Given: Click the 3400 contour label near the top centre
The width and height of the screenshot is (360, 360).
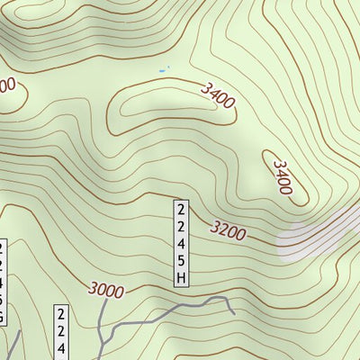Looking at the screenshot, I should [219, 94].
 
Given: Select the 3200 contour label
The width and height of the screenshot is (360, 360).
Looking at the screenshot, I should [229, 231].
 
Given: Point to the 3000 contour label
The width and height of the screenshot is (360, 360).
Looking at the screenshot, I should [107, 289].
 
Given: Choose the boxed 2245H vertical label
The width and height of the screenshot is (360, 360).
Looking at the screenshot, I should [182, 243].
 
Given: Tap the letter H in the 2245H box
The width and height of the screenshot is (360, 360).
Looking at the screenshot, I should [182, 278].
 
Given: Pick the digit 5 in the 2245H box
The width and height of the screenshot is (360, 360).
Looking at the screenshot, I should [182, 261].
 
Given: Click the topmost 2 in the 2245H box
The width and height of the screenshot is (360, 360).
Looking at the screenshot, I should [182, 209].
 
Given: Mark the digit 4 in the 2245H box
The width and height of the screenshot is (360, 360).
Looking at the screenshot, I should [182, 244].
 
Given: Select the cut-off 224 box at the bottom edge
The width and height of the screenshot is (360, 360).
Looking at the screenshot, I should [62, 333].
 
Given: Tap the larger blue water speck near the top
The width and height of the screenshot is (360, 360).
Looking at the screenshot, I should [162, 70].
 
